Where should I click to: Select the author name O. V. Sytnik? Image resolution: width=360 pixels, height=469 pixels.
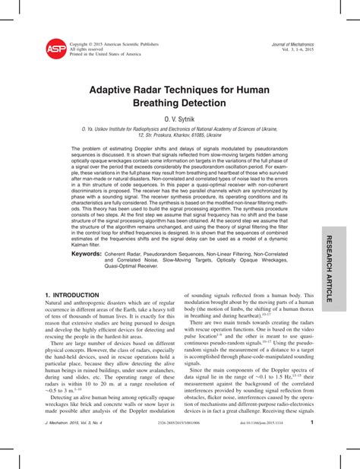[x=180, y=120]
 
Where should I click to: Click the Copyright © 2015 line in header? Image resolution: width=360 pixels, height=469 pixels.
[x=114, y=44]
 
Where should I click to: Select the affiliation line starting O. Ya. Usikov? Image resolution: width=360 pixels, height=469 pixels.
[x=180, y=130]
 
